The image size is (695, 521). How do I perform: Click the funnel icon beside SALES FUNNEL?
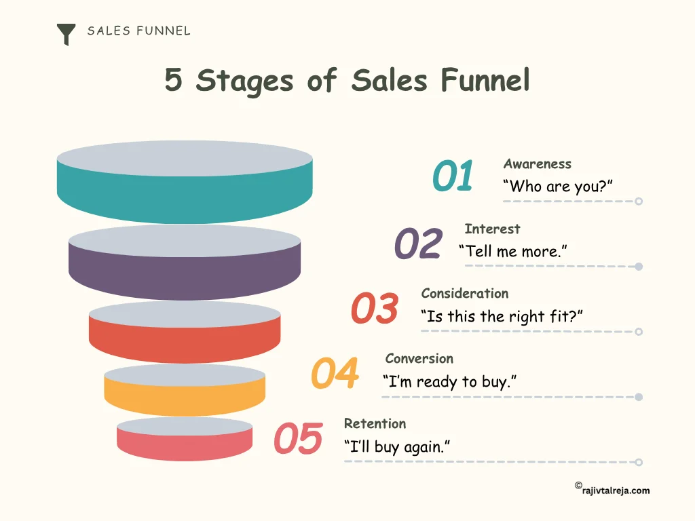[66, 34]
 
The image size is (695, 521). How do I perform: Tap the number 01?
[453, 176]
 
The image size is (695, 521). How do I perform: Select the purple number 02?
[418, 244]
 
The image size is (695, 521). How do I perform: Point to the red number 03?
[374, 309]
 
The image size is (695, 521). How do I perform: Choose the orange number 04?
[335, 374]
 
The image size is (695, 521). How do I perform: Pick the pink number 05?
[298, 439]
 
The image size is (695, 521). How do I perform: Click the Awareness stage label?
[537, 163]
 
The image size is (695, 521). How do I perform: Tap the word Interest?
[492, 229]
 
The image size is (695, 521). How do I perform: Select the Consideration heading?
[464, 293]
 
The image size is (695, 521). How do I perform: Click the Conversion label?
[419, 358]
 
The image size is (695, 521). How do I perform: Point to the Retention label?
[375, 423]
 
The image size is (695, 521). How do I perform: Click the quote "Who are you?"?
[557, 187]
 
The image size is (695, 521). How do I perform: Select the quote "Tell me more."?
[512, 252]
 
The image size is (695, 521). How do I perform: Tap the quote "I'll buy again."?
[397, 447]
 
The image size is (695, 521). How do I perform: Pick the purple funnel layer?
[185, 271]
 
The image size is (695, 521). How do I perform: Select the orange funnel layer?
[185, 400]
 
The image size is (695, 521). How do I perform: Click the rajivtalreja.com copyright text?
[612, 490]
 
